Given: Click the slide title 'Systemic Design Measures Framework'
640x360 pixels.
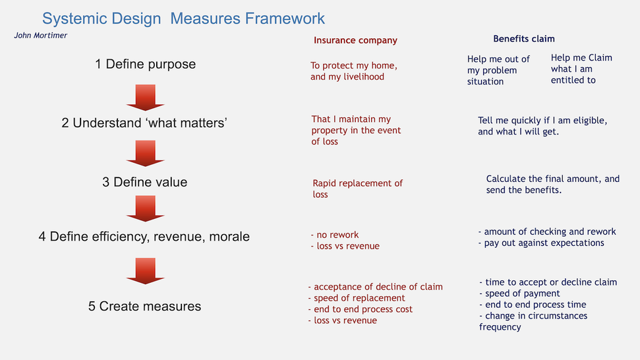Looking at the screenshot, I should (x=183, y=18).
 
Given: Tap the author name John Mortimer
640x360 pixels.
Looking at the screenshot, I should (x=41, y=36).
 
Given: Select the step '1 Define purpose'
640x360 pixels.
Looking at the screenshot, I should (x=145, y=65).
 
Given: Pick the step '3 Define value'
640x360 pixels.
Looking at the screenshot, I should (x=144, y=182).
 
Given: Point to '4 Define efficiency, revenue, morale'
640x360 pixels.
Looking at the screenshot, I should (x=144, y=236).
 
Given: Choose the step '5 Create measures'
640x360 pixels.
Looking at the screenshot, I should (x=144, y=306).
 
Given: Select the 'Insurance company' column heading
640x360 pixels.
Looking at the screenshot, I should (x=355, y=40).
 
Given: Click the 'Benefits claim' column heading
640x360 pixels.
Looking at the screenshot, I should (x=524, y=39).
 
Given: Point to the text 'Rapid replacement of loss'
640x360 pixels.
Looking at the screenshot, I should (x=357, y=189).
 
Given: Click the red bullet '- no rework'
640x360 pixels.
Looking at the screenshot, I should (x=334, y=235).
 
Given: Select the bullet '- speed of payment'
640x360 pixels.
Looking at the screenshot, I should (x=519, y=293).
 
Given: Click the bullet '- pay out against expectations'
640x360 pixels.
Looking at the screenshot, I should (x=541, y=243).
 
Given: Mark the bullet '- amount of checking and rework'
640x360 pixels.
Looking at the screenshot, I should (x=547, y=231).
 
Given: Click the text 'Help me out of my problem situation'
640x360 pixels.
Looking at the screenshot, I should (x=498, y=71).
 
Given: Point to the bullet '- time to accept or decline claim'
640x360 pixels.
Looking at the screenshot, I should (x=548, y=282).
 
